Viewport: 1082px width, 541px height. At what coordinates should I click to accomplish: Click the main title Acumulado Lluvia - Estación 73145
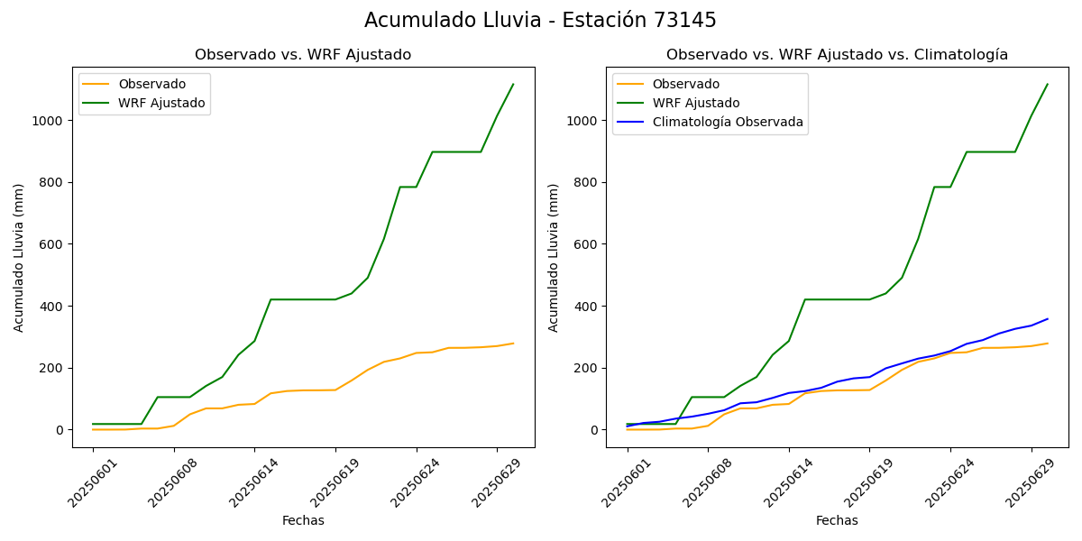point(540,21)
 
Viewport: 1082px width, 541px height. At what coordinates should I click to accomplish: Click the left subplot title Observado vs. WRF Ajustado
point(303,55)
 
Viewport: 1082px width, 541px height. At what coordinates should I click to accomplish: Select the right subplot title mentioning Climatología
point(837,55)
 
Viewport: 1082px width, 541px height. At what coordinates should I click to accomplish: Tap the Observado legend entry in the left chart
point(151,84)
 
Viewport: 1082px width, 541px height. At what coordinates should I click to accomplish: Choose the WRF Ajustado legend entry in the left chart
point(161,103)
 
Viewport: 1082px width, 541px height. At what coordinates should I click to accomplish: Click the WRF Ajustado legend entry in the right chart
point(696,103)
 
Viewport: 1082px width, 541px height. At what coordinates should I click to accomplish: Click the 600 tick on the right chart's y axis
point(586,244)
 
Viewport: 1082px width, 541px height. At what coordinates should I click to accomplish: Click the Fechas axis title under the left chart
point(303,521)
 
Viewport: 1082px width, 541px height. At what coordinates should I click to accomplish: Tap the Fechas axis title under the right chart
point(837,521)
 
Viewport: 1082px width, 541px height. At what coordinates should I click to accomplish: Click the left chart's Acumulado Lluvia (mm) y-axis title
point(19,257)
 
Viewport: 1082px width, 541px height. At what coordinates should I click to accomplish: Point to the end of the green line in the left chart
point(513,85)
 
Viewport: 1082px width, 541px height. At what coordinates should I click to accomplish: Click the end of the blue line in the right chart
point(1048,318)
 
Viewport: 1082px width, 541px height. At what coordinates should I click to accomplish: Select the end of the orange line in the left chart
point(513,344)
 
